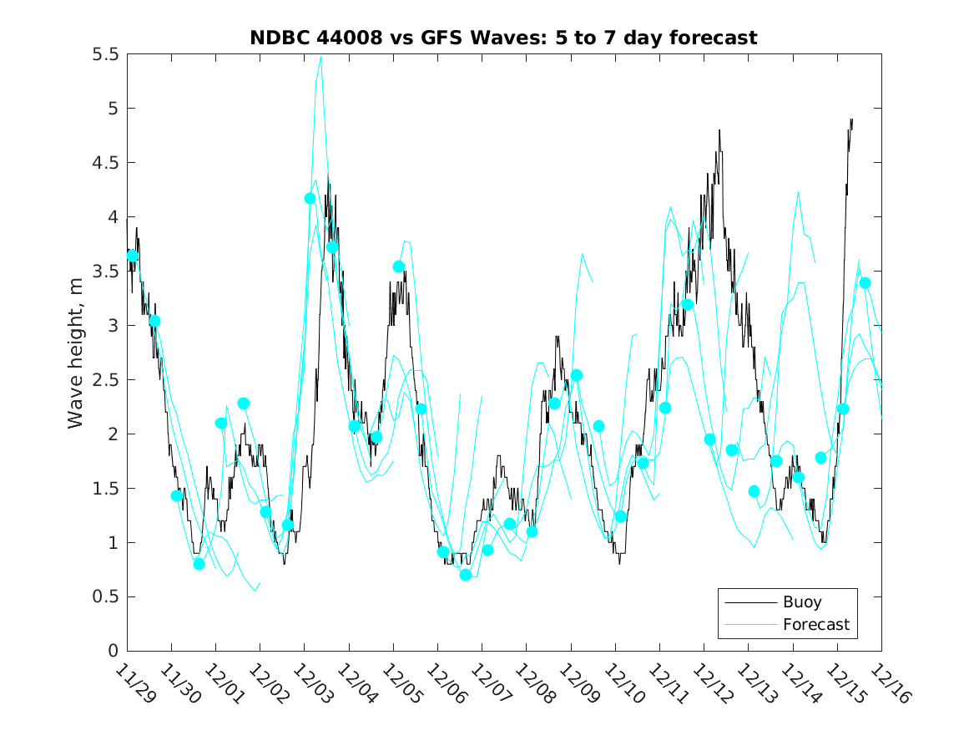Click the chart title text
click(503, 38)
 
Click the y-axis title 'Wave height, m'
click(76, 352)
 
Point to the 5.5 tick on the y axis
click(106, 54)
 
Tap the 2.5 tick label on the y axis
click(106, 380)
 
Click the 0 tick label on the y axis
click(113, 652)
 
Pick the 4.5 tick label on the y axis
click(106, 163)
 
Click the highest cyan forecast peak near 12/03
click(320, 56)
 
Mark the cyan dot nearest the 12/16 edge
click(865, 282)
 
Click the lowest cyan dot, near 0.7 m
click(466, 575)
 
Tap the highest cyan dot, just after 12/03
click(310, 198)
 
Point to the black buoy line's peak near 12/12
click(719, 130)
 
